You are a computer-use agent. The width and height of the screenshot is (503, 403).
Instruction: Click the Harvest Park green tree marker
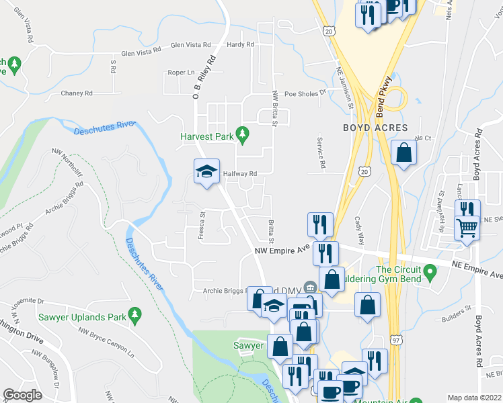[x=243, y=136]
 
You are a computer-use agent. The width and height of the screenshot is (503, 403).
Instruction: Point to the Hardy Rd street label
[x=240, y=45]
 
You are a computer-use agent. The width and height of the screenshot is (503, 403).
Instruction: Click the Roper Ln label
[x=181, y=73]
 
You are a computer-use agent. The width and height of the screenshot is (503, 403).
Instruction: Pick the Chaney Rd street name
[x=76, y=93]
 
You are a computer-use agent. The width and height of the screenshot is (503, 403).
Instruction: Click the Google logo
[x=23, y=394]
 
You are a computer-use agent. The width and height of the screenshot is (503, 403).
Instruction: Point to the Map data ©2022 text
[x=475, y=398]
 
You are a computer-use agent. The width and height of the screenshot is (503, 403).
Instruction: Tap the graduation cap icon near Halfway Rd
[x=206, y=172]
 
